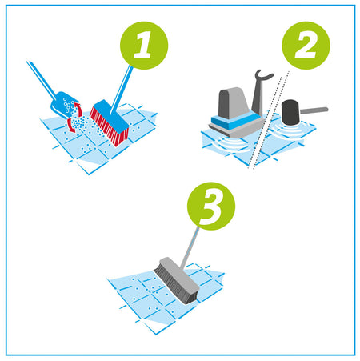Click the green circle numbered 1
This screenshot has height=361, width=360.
tap(144, 46)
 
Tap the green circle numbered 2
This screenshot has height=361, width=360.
tap(306, 46)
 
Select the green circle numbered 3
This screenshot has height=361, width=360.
tap(211, 206)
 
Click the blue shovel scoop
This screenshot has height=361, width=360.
tap(63, 104)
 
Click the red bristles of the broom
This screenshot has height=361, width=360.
tap(108, 126)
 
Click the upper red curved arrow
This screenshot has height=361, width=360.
tap(79, 109)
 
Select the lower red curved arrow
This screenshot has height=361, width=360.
tap(70, 126)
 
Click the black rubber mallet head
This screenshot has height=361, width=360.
tap(290, 112)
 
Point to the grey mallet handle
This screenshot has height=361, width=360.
tap(314, 110)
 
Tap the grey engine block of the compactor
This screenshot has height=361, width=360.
tap(233, 102)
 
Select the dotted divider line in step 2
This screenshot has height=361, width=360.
tap(268, 120)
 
